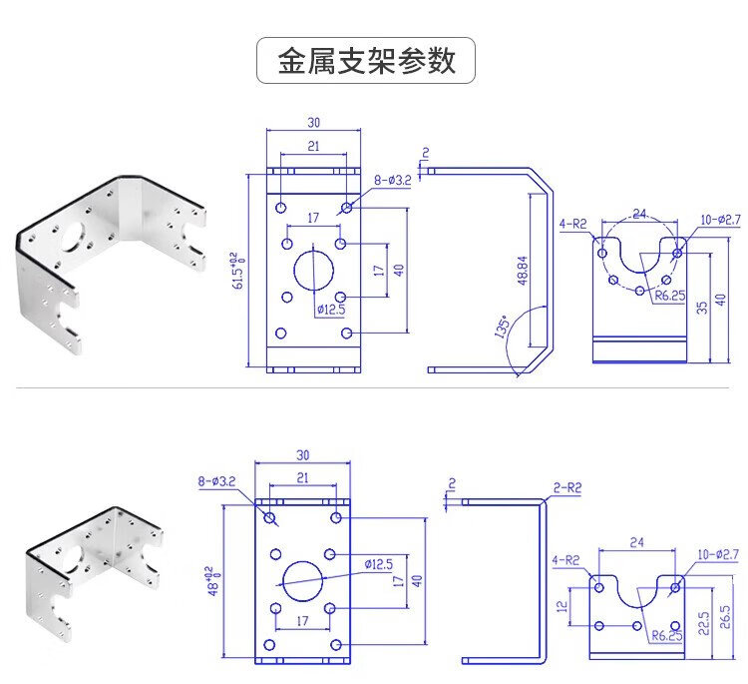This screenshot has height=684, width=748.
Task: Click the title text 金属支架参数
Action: pyautogui.click(x=366, y=60)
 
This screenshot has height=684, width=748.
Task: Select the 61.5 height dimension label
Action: pyautogui.click(x=237, y=271)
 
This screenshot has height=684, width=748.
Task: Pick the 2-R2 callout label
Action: pyautogui.click(x=566, y=488)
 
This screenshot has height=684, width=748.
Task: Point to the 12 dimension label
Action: pyautogui.click(x=562, y=606)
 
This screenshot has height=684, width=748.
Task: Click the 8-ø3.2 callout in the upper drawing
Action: pyautogui.click(x=393, y=180)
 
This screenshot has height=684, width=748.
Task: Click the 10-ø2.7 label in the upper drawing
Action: pyautogui.click(x=718, y=219)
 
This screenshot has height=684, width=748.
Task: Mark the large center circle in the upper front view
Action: pyautogui.click(x=313, y=271)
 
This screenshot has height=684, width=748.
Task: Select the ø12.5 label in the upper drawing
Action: pyautogui.click(x=331, y=310)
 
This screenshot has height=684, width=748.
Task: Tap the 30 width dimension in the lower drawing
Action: pyautogui.click(x=302, y=456)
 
